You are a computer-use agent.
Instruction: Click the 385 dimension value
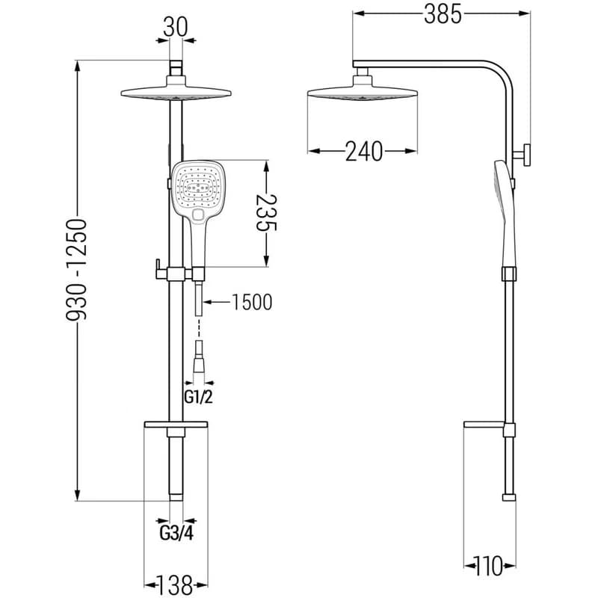coord(443,15)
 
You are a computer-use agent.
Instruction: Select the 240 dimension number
coord(363,152)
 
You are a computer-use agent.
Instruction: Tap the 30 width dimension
coord(176,28)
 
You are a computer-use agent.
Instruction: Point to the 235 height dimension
coord(266,213)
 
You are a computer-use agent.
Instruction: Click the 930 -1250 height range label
coord(77,270)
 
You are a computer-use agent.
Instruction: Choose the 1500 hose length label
coord(252,302)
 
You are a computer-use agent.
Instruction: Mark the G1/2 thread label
coord(198,398)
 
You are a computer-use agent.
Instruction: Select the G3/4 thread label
coord(176,533)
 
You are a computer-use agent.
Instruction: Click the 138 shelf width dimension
coord(176,585)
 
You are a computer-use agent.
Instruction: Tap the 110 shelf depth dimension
coord(489,567)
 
